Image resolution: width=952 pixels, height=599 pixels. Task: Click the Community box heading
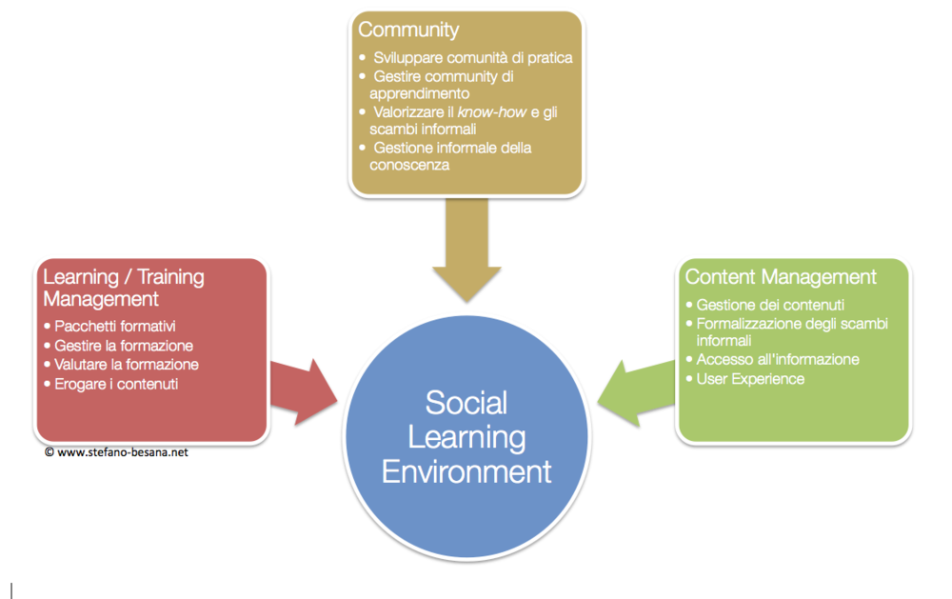pos(408,30)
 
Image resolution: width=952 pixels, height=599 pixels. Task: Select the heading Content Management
pos(781,277)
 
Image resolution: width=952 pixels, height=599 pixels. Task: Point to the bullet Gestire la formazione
pos(124,345)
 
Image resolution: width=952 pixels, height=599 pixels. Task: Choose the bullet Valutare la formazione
pos(127,364)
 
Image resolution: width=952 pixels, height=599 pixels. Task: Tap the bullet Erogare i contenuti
pos(116,384)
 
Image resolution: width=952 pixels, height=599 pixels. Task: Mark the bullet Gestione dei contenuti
pos(770,305)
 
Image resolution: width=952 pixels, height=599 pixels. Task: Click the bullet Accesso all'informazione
pos(778,359)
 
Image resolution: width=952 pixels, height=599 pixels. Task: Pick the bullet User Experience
pos(750,379)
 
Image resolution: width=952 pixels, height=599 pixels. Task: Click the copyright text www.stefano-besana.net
pos(122,452)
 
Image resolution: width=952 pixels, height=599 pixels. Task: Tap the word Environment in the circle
pos(466,471)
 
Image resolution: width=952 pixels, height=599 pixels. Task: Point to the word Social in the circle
pos(466,402)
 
